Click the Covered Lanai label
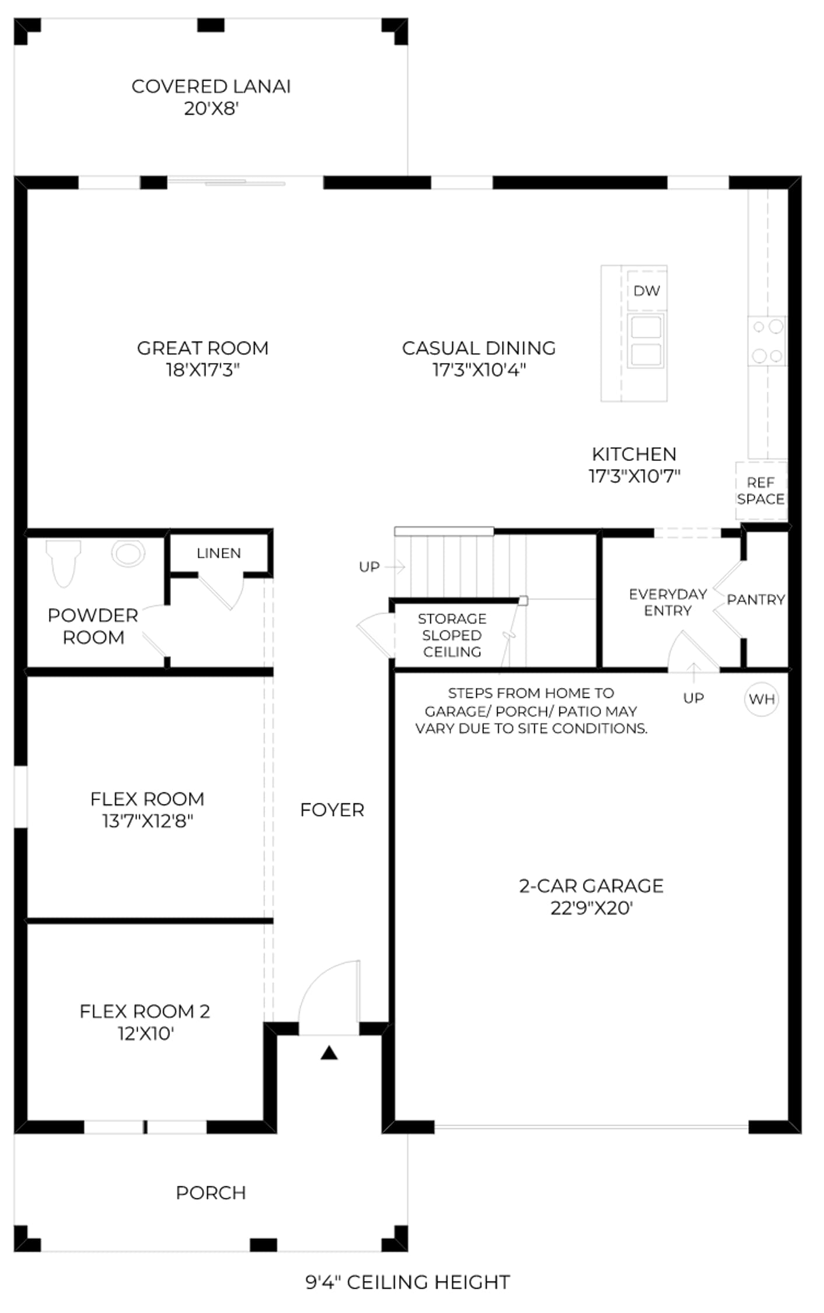pyautogui.click(x=211, y=86)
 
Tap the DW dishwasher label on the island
pyautogui.click(x=647, y=291)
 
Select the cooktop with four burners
pyautogui.click(x=767, y=341)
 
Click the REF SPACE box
pyautogui.click(x=761, y=491)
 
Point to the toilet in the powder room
pyautogui.click(x=64, y=563)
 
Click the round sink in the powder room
pyautogui.click(x=128, y=553)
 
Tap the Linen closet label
pyautogui.click(x=219, y=553)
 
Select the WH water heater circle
pyautogui.click(x=762, y=699)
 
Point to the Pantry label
pyautogui.click(x=756, y=599)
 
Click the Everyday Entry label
pyautogui.click(x=668, y=602)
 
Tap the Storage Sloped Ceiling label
pyautogui.click(x=452, y=635)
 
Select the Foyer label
pyautogui.click(x=332, y=810)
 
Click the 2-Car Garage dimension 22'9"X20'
pyautogui.click(x=592, y=909)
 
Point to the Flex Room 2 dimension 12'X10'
pyautogui.click(x=146, y=1033)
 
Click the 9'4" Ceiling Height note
pyautogui.click(x=408, y=1282)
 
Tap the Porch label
pyautogui.click(x=211, y=1193)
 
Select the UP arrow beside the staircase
pyautogui.click(x=395, y=566)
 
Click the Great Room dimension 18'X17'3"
pyautogui.click(x=203, y=370)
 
